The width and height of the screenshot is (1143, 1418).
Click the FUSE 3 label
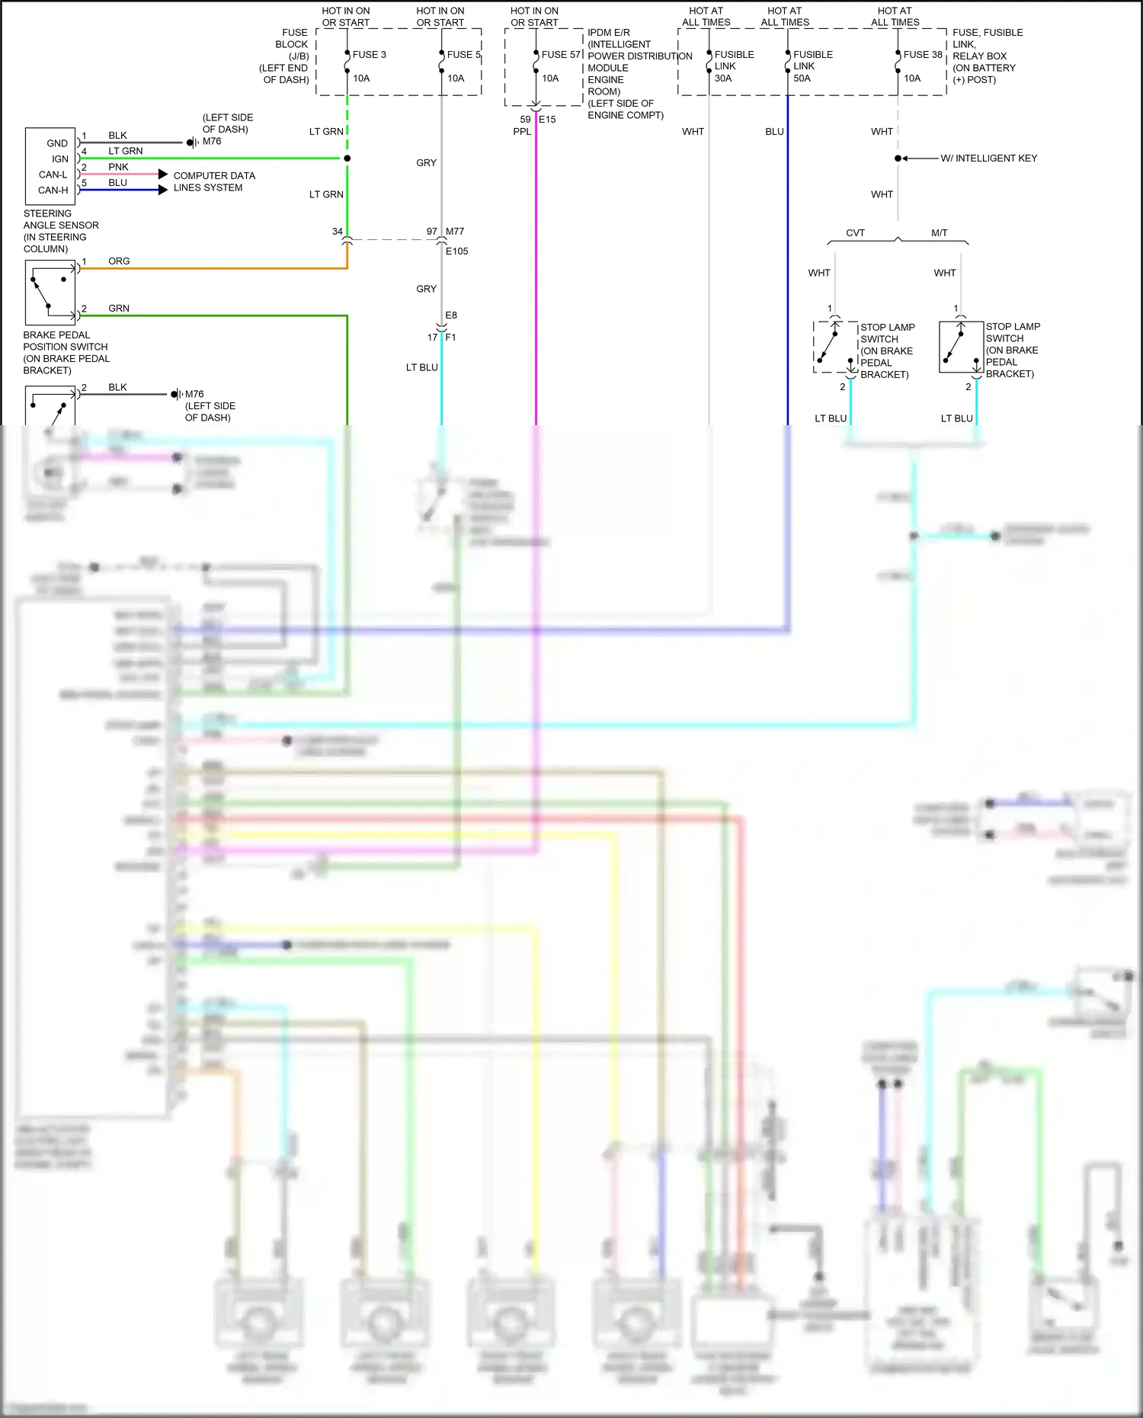(x=369, y=55)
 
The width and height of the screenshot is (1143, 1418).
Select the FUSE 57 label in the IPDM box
(x=561, y=55)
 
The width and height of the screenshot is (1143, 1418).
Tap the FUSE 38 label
(x=923, y=55)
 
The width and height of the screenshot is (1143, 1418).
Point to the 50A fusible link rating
(x=802, y=78)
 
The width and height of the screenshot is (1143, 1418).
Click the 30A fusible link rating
(x=722, y=78)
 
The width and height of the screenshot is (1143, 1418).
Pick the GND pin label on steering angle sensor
(x=57, y=143)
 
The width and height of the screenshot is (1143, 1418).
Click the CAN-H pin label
(x=53, y=190)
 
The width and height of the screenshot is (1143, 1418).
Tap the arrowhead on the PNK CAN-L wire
(x=162, y=174)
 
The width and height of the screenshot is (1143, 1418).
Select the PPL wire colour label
(x=522, y=132)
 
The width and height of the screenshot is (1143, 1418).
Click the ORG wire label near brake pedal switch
(x=119, y=261)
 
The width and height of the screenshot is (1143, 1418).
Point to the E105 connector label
(x=456, y=251)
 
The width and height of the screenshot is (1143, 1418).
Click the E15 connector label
(x=547, y=120)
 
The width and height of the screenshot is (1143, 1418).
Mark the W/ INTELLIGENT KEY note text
(x=988, y=158)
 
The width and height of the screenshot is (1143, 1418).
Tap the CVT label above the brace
(x=855, y=233)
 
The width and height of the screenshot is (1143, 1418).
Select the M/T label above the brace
(x=939, y=233)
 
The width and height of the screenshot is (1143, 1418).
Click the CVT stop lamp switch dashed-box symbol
(x=835, y=347)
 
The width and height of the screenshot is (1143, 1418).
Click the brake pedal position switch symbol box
(x=50, y=293)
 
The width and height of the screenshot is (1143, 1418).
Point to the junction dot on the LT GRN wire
(x=347, y=158)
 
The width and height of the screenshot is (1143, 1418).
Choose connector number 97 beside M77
(x=432, y=232)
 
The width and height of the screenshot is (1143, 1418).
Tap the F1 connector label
(x=450, y=338)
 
